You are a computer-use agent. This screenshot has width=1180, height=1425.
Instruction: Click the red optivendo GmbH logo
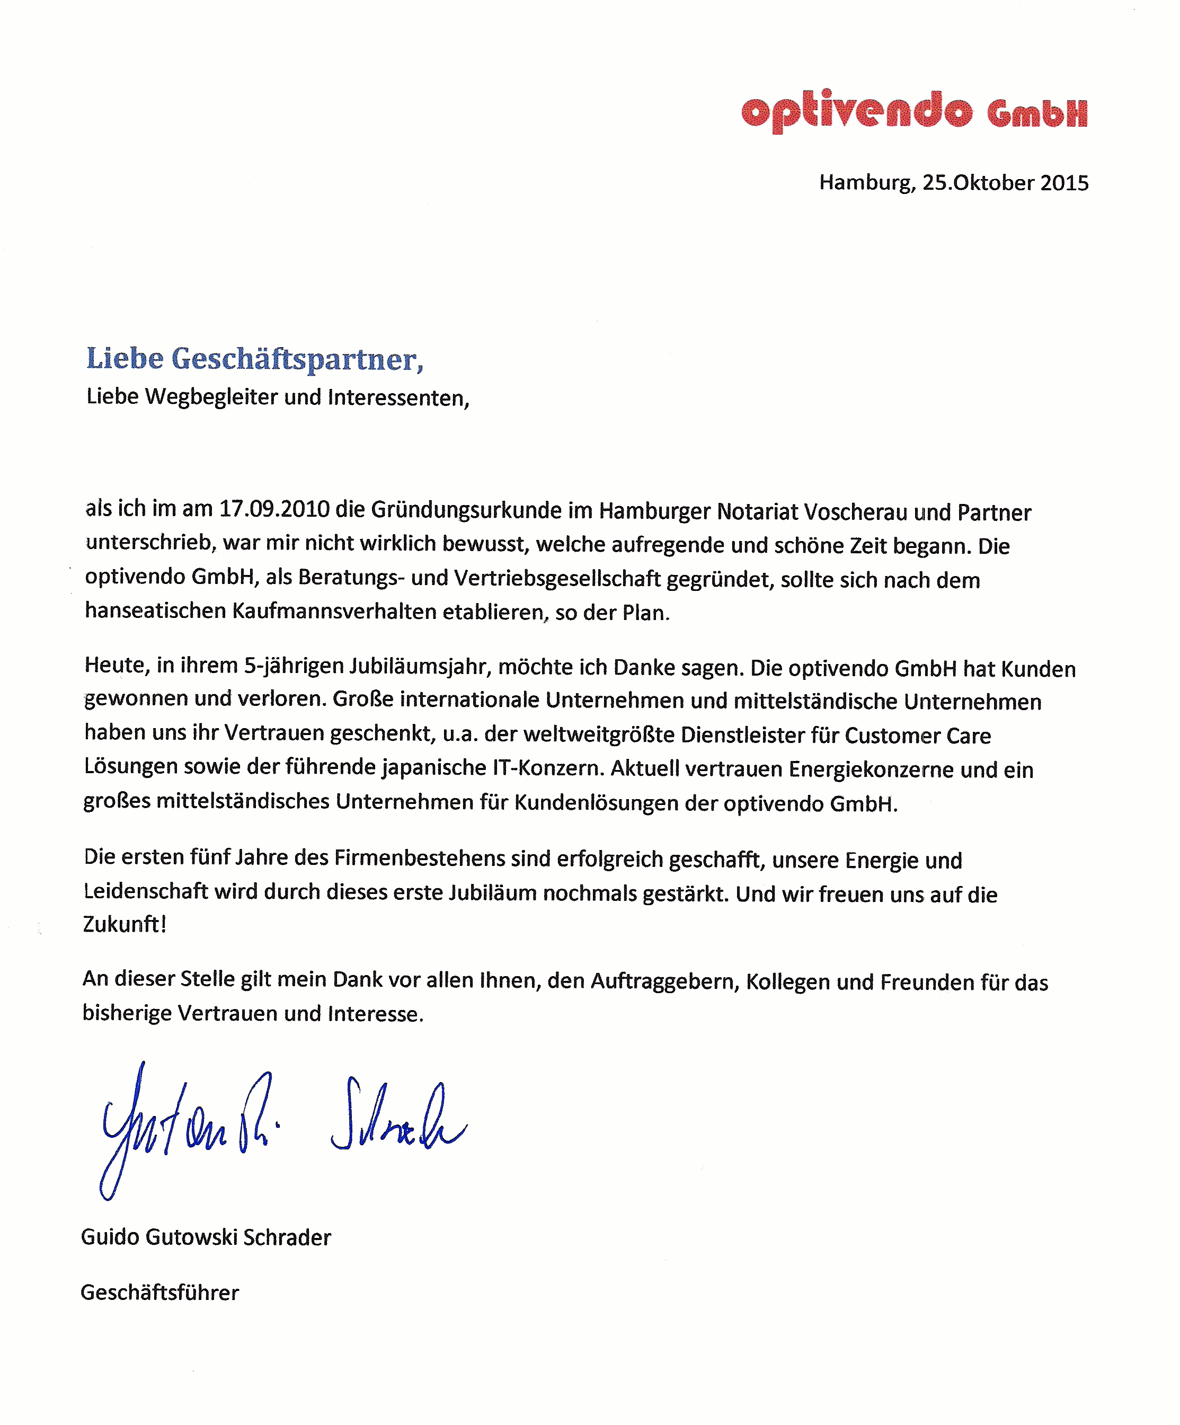[913, 111]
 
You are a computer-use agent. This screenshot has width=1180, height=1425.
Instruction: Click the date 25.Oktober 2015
[1005, 182]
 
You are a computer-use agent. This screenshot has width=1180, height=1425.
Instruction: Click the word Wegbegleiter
[211, 396]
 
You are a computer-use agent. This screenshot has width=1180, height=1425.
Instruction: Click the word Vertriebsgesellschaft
[557, 578]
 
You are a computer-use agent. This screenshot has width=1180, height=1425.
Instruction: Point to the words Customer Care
[917, 736]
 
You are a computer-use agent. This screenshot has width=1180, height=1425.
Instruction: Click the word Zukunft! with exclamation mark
[124, 924]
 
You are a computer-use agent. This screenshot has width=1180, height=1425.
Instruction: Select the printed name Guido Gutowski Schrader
[206, 1236]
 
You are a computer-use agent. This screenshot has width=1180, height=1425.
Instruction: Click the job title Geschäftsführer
[159, 1292]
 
